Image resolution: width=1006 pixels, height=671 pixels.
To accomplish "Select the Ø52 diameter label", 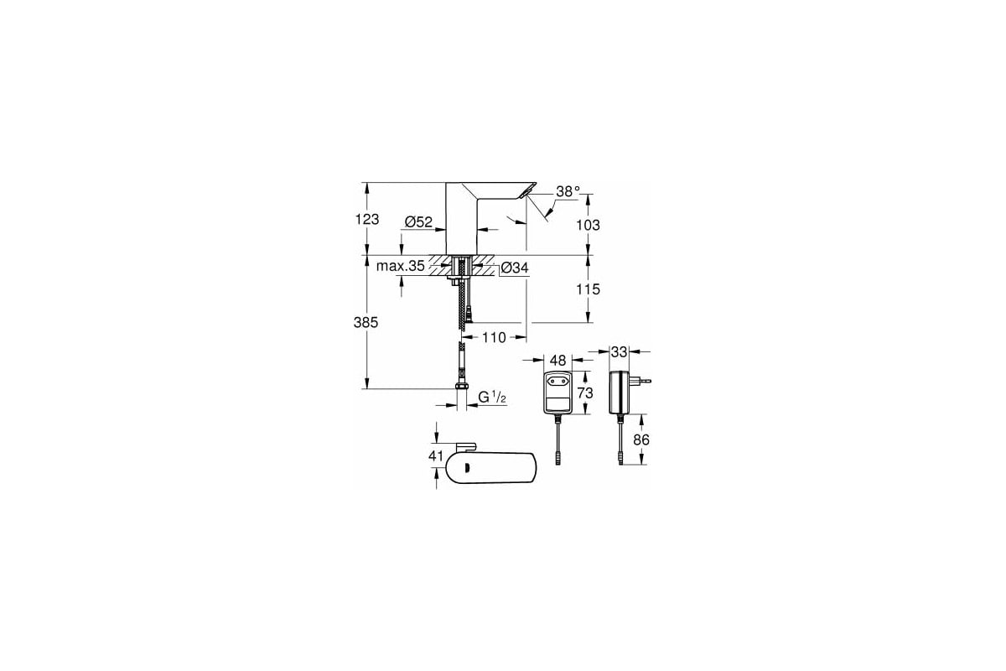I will [417, 221].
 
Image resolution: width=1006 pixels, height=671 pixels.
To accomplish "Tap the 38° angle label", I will [568, 192].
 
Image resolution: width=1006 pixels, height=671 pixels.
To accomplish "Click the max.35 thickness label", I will [399, 267].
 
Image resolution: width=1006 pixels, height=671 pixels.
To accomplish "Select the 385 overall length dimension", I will [366, 322].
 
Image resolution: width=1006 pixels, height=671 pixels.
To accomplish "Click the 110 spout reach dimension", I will [494, 337].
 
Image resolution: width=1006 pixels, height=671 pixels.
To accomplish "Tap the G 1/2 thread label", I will [493, 398].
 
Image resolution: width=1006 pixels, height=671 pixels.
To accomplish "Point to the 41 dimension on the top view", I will [434, 455].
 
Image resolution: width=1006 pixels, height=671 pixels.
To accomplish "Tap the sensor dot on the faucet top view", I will [467, 468].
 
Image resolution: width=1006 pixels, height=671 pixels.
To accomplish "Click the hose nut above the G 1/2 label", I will [460, 389].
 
